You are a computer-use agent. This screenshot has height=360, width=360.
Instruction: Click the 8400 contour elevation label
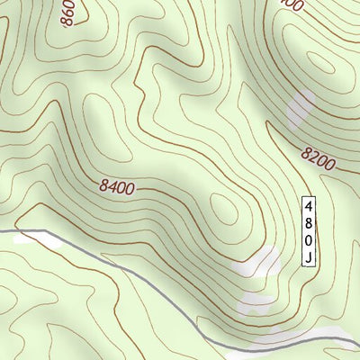(x=117, y=188)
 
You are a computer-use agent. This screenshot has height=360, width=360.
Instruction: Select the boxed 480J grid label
(x=308, y=230)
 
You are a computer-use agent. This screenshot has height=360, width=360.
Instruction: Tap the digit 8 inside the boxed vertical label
(x=308, y=221)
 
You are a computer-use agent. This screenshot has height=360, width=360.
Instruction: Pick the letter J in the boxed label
(x=308, y=256)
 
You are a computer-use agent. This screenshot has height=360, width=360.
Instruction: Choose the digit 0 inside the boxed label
(x=308, y=239)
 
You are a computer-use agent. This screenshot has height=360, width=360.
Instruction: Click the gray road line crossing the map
(x=135, y=274)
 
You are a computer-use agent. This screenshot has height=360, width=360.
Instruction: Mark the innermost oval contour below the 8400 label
(x=222, y=212)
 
